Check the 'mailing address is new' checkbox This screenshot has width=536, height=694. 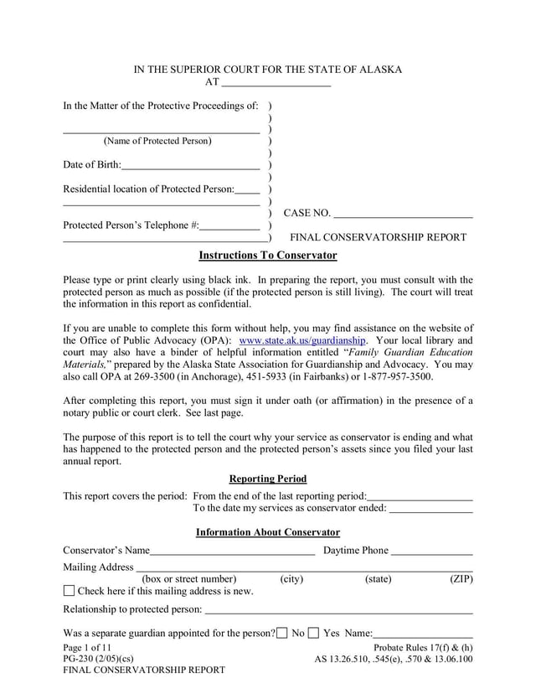[70, 592]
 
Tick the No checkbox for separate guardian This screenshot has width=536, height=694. [282, 633]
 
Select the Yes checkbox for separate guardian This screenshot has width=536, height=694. [313, 633]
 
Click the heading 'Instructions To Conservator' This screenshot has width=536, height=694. [267, 255]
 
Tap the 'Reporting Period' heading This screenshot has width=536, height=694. [267, 479]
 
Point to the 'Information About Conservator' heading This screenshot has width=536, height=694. [267, 532]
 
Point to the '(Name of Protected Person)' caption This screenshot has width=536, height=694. [157, 141]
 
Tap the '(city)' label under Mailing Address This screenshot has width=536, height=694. [291, 579]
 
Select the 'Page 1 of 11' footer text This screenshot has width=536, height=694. [87, 647]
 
